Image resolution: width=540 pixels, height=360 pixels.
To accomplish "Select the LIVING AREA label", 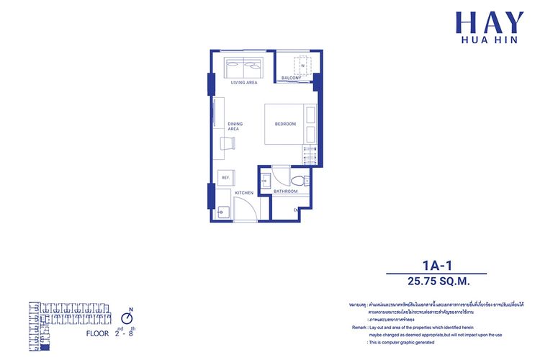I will (244, 83).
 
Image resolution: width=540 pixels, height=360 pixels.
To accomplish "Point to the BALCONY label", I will (291, 78).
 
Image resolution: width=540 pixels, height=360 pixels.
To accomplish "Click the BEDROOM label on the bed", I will (285, 125).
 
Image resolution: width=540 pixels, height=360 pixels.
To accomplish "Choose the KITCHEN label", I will (244, 192).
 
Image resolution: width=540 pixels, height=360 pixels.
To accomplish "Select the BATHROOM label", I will (286, 192).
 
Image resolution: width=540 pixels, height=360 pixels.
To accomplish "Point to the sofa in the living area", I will (244, 68).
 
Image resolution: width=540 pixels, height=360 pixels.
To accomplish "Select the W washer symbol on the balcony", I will (302, 66).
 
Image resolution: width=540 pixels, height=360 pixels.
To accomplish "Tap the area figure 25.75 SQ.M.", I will (437, 281).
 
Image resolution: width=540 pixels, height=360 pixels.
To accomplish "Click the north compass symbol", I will (127, 316).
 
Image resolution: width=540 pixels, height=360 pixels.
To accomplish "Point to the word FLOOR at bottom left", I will (98, 335).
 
